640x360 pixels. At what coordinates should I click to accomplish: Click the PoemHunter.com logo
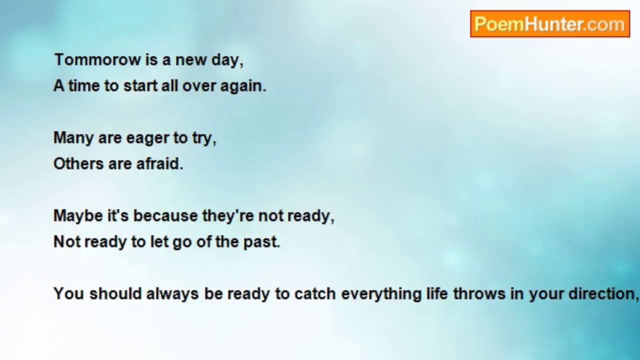pyautogui.click(x=550, y=24)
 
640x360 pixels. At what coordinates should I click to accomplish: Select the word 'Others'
pyautogui.click(x=78, y=163)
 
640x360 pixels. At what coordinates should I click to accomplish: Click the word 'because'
pyautogui.click(x=165, y=215)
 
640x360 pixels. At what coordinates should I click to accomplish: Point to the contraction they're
pyautogui.click(x=228, y=216)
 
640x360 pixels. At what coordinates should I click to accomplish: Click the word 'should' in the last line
pyautogui.click(x=115, y=293)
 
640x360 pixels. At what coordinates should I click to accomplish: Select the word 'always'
pyautogui.click(x=172, y=295)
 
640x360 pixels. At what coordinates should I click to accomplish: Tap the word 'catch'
pyautogui.click(x=315, y=293)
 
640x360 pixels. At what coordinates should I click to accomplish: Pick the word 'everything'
pyautogui.click(x=381, y=295)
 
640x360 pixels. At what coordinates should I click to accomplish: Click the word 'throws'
pyautogui.click(x=479, y=293)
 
